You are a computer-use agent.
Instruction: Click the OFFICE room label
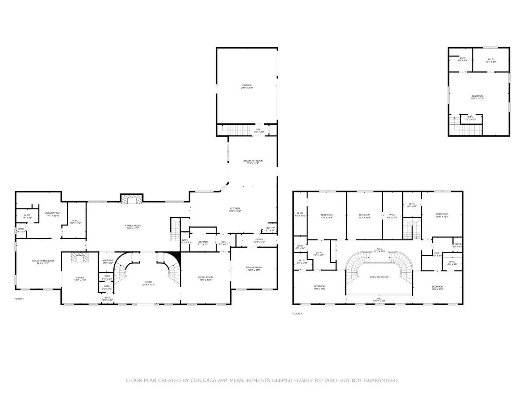(x=80, y=278)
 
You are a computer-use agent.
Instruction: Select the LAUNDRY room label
(x=202, y=242)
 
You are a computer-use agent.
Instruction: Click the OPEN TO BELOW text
(x=379, y=277)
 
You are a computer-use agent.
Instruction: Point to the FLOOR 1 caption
(x=20, y=299)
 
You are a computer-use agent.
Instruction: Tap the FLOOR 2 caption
(x=297, y=314)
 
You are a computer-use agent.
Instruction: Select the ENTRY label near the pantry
(x=259, y=240)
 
